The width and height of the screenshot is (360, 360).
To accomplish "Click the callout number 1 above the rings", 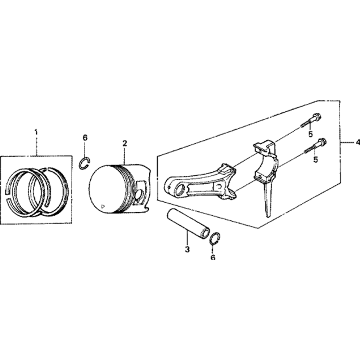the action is coord(36,132).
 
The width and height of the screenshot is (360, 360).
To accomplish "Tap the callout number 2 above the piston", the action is coord(125,144).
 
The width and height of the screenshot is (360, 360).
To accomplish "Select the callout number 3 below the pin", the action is coord(187,249).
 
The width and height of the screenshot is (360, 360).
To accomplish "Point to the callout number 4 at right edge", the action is coord(357,143).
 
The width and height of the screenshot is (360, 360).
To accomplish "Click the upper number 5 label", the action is coord(310,134).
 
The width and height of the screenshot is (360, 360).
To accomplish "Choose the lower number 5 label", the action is coord(316,159).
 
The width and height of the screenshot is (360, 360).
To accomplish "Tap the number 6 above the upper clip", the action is coord(85,138).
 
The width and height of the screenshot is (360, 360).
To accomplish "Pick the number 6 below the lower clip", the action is coord(213,258).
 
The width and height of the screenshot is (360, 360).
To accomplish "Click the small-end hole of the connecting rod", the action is coord(179,190).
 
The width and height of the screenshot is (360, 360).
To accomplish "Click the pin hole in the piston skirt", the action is coord(140,194).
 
